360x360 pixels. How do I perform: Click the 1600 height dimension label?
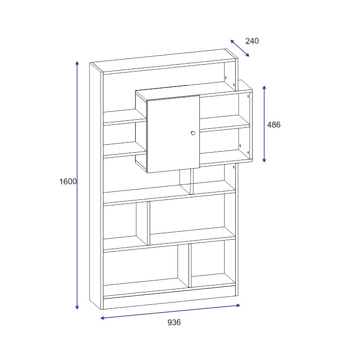click(x=68, y=181)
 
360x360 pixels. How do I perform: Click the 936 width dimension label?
click(x=174, y=322)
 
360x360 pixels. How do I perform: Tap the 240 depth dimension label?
click(x=252, y=41)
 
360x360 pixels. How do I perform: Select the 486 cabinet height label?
click(x=273, y=125)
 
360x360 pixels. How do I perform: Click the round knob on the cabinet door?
click(x=193, y=133)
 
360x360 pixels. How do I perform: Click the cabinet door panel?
click(x=173, y=134)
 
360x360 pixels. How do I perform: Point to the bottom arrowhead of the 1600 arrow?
click(x=77, y=308)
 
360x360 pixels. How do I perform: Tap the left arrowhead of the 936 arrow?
click(x=101, y=318)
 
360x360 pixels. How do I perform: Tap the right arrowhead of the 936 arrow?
click(x=239, y=305)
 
